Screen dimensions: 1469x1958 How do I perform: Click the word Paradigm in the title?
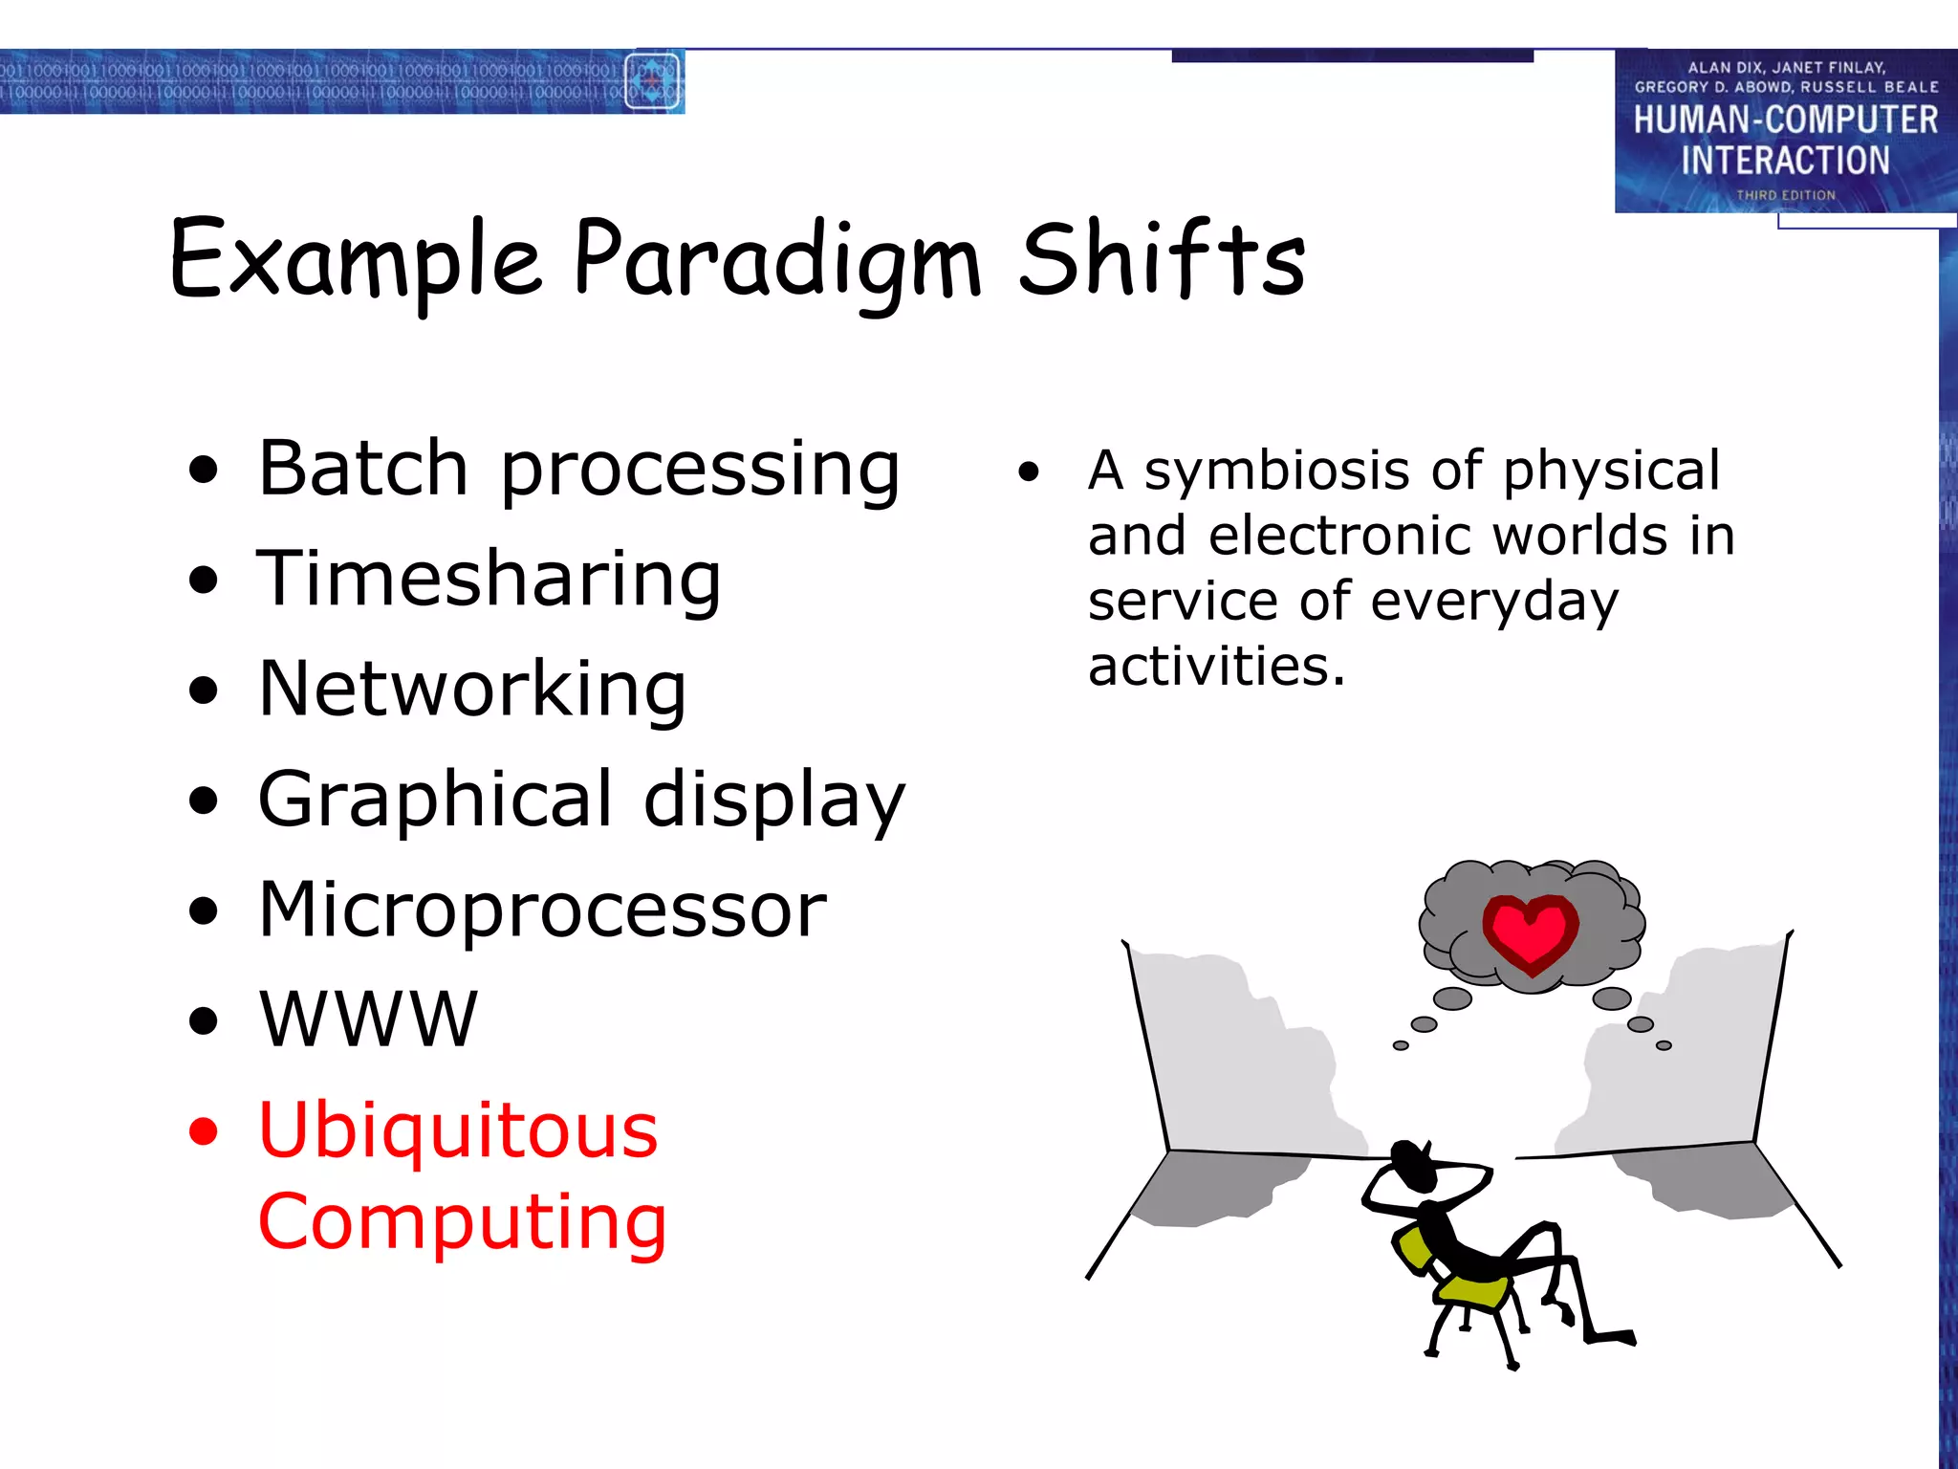click(776, 260)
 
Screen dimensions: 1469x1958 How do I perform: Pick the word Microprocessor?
click(542, 910)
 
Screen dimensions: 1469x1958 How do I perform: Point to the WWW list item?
click(368, 1020)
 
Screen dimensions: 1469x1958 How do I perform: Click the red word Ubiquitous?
click(458, 1129)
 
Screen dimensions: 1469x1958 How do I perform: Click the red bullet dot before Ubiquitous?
click(203, 1131)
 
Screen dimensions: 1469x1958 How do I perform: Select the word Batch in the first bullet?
click(362, 469)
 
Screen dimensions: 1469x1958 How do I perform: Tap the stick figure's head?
click(1410, 1162)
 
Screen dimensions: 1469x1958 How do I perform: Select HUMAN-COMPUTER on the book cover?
click(1785, 121)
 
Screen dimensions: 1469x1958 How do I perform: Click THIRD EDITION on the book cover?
click(1785, 195)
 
